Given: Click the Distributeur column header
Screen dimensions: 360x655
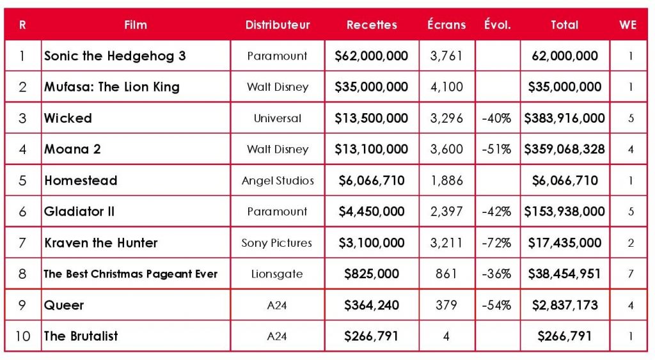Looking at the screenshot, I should [277, 25].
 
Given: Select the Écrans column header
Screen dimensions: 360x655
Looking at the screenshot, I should [447, 25].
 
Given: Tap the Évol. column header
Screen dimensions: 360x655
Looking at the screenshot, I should [497, 25].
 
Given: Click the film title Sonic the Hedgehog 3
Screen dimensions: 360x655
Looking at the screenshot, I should [115, 56].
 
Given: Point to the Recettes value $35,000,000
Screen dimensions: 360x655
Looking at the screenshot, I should [371, 87].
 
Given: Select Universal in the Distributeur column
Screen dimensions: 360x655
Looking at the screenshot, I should [277, 118].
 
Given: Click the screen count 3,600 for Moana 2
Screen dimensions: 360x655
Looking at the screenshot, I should [447, 149].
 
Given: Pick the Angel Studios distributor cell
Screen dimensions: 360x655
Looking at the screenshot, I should [277, 180].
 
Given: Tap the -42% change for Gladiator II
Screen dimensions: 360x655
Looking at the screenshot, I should [497, 212].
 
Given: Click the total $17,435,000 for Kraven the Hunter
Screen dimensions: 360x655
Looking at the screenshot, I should [564, 243].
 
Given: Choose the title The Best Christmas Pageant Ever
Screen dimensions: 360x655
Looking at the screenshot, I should [130, 274].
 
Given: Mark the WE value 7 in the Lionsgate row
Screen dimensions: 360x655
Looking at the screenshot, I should [631, 274].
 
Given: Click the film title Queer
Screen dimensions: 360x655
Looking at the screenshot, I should [64, 305].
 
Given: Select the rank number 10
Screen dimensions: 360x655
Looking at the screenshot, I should [22, 336].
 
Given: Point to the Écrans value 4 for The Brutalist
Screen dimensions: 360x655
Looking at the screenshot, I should [447, 336].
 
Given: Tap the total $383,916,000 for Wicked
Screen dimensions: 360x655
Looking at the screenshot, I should [564, 118].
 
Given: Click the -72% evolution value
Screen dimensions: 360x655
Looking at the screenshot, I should [497, 243].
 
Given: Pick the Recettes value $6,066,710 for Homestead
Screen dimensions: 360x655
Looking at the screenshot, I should [371, 180].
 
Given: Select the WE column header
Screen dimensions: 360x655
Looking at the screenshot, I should [627, 25].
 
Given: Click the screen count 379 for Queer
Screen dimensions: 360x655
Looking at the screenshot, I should [447, 305].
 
